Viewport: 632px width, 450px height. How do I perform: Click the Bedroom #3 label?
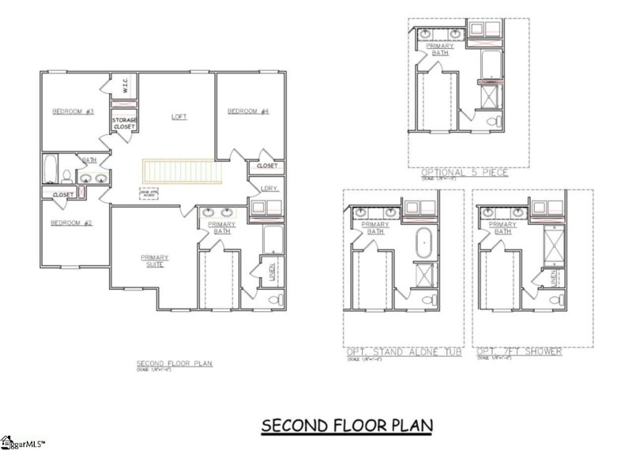tap(73, 112)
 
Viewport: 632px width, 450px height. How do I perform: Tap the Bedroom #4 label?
tap(248, 112)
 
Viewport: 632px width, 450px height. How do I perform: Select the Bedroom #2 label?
tap(71, 223)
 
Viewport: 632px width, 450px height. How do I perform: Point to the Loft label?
tap(179, 117)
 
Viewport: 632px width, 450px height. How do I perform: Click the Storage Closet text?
tap(123, 123)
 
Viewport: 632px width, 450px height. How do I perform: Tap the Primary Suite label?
tap(154, 260)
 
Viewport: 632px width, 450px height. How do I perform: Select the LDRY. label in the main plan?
tap(271, 188)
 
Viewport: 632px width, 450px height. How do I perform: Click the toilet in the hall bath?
tap(66, 175)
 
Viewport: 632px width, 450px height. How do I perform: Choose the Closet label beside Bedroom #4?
tap(267, 167)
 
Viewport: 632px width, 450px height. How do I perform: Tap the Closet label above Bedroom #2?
tap(62, 194)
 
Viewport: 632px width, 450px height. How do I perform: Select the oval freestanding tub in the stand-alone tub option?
tap(423, 239)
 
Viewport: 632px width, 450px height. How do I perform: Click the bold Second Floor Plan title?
tap(348, 426)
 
